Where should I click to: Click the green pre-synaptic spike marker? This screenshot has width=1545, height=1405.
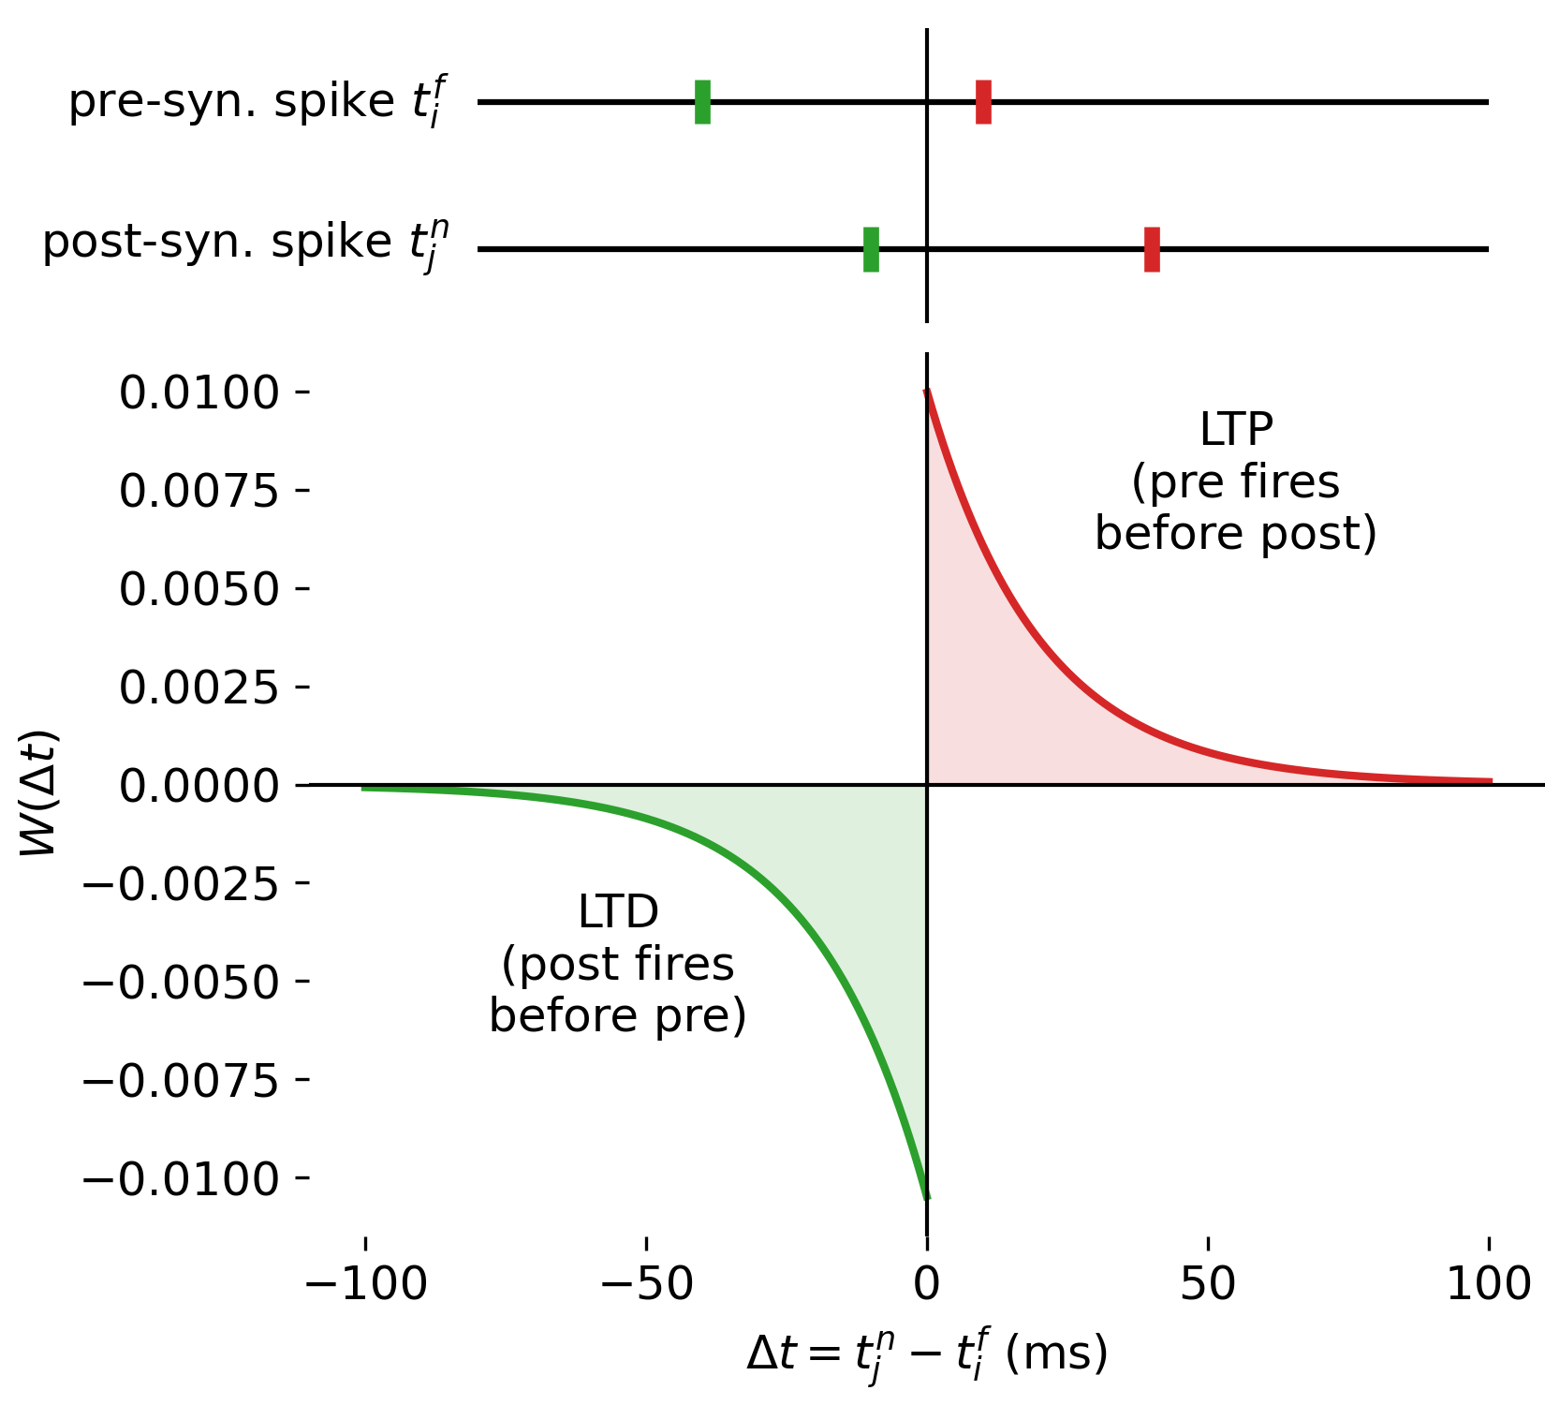click(702, 102)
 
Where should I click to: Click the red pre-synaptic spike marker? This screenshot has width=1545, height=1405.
click(983, 102)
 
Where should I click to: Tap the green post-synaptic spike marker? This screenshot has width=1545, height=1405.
click(871, 249)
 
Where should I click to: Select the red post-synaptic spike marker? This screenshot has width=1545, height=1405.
click(1152, 249)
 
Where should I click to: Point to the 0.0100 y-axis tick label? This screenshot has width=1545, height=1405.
click(199, 392)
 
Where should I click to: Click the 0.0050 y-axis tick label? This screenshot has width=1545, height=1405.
click(199, 589)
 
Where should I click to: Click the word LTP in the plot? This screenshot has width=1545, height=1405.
click(1236, 430)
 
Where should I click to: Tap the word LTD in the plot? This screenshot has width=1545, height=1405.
click(618, 911)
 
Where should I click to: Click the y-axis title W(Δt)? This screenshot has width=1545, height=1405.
click(39, 792)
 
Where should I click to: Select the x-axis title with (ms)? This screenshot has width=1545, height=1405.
click(927, 1354)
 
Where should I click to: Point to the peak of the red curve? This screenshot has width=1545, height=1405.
click(927, 391)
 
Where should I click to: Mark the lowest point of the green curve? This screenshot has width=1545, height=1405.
click(927, 1196)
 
